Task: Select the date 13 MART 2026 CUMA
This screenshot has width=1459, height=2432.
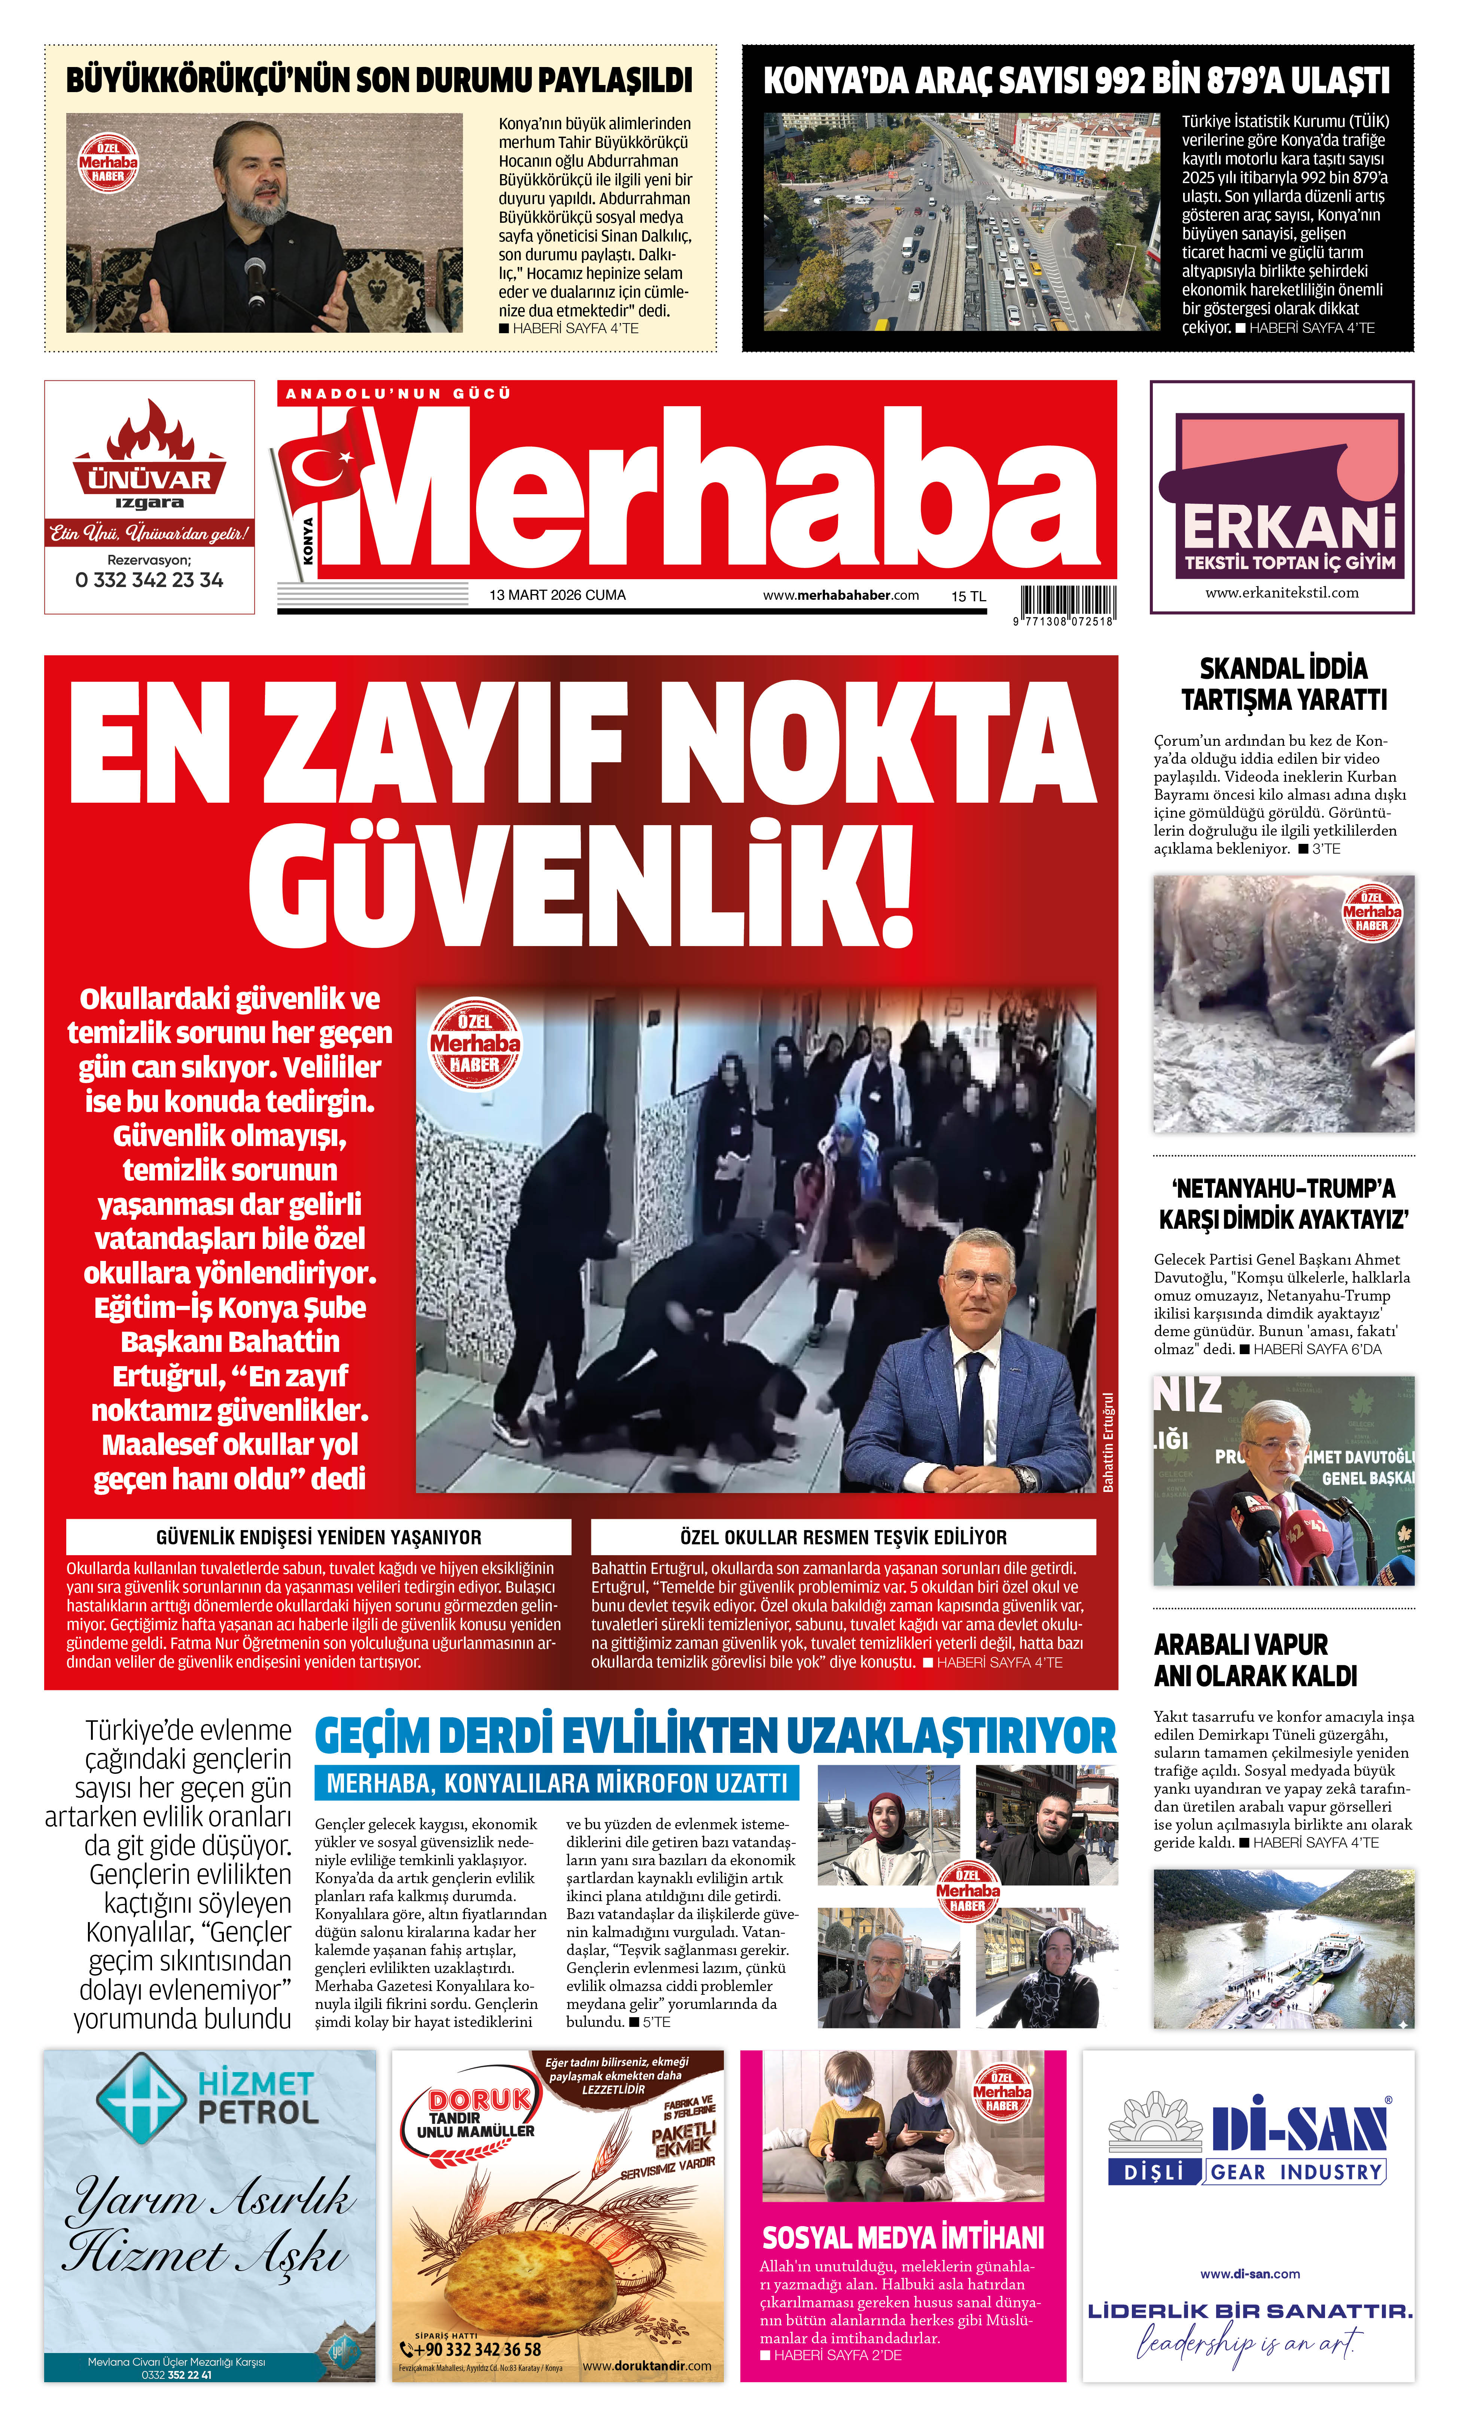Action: [x=557, y=595]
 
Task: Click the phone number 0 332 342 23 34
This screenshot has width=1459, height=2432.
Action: [x=149, y=580]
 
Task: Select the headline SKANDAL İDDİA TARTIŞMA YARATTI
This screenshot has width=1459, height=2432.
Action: [x=1283, y=684]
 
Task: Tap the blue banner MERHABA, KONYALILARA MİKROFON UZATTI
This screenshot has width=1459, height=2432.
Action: [x=557, y=1783]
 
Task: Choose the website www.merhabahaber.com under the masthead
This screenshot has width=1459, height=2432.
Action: [x=841, y=595]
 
